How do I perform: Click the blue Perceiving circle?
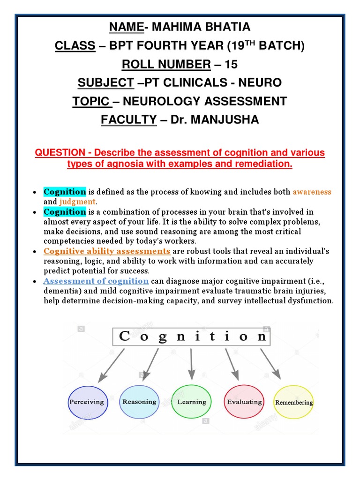(86, 402)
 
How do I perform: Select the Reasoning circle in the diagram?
(139, 402)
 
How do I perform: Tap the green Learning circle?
(192, 402)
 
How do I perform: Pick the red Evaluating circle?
(244, 402)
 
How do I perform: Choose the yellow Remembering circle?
(294, 402)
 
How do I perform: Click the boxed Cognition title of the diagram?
(192, 337)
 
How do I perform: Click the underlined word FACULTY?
(129, 120)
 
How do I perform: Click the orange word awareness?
(312, 192)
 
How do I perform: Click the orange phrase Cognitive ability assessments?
(107, 251)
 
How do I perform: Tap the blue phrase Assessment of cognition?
(96, 281)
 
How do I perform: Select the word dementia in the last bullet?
(60, 291)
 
